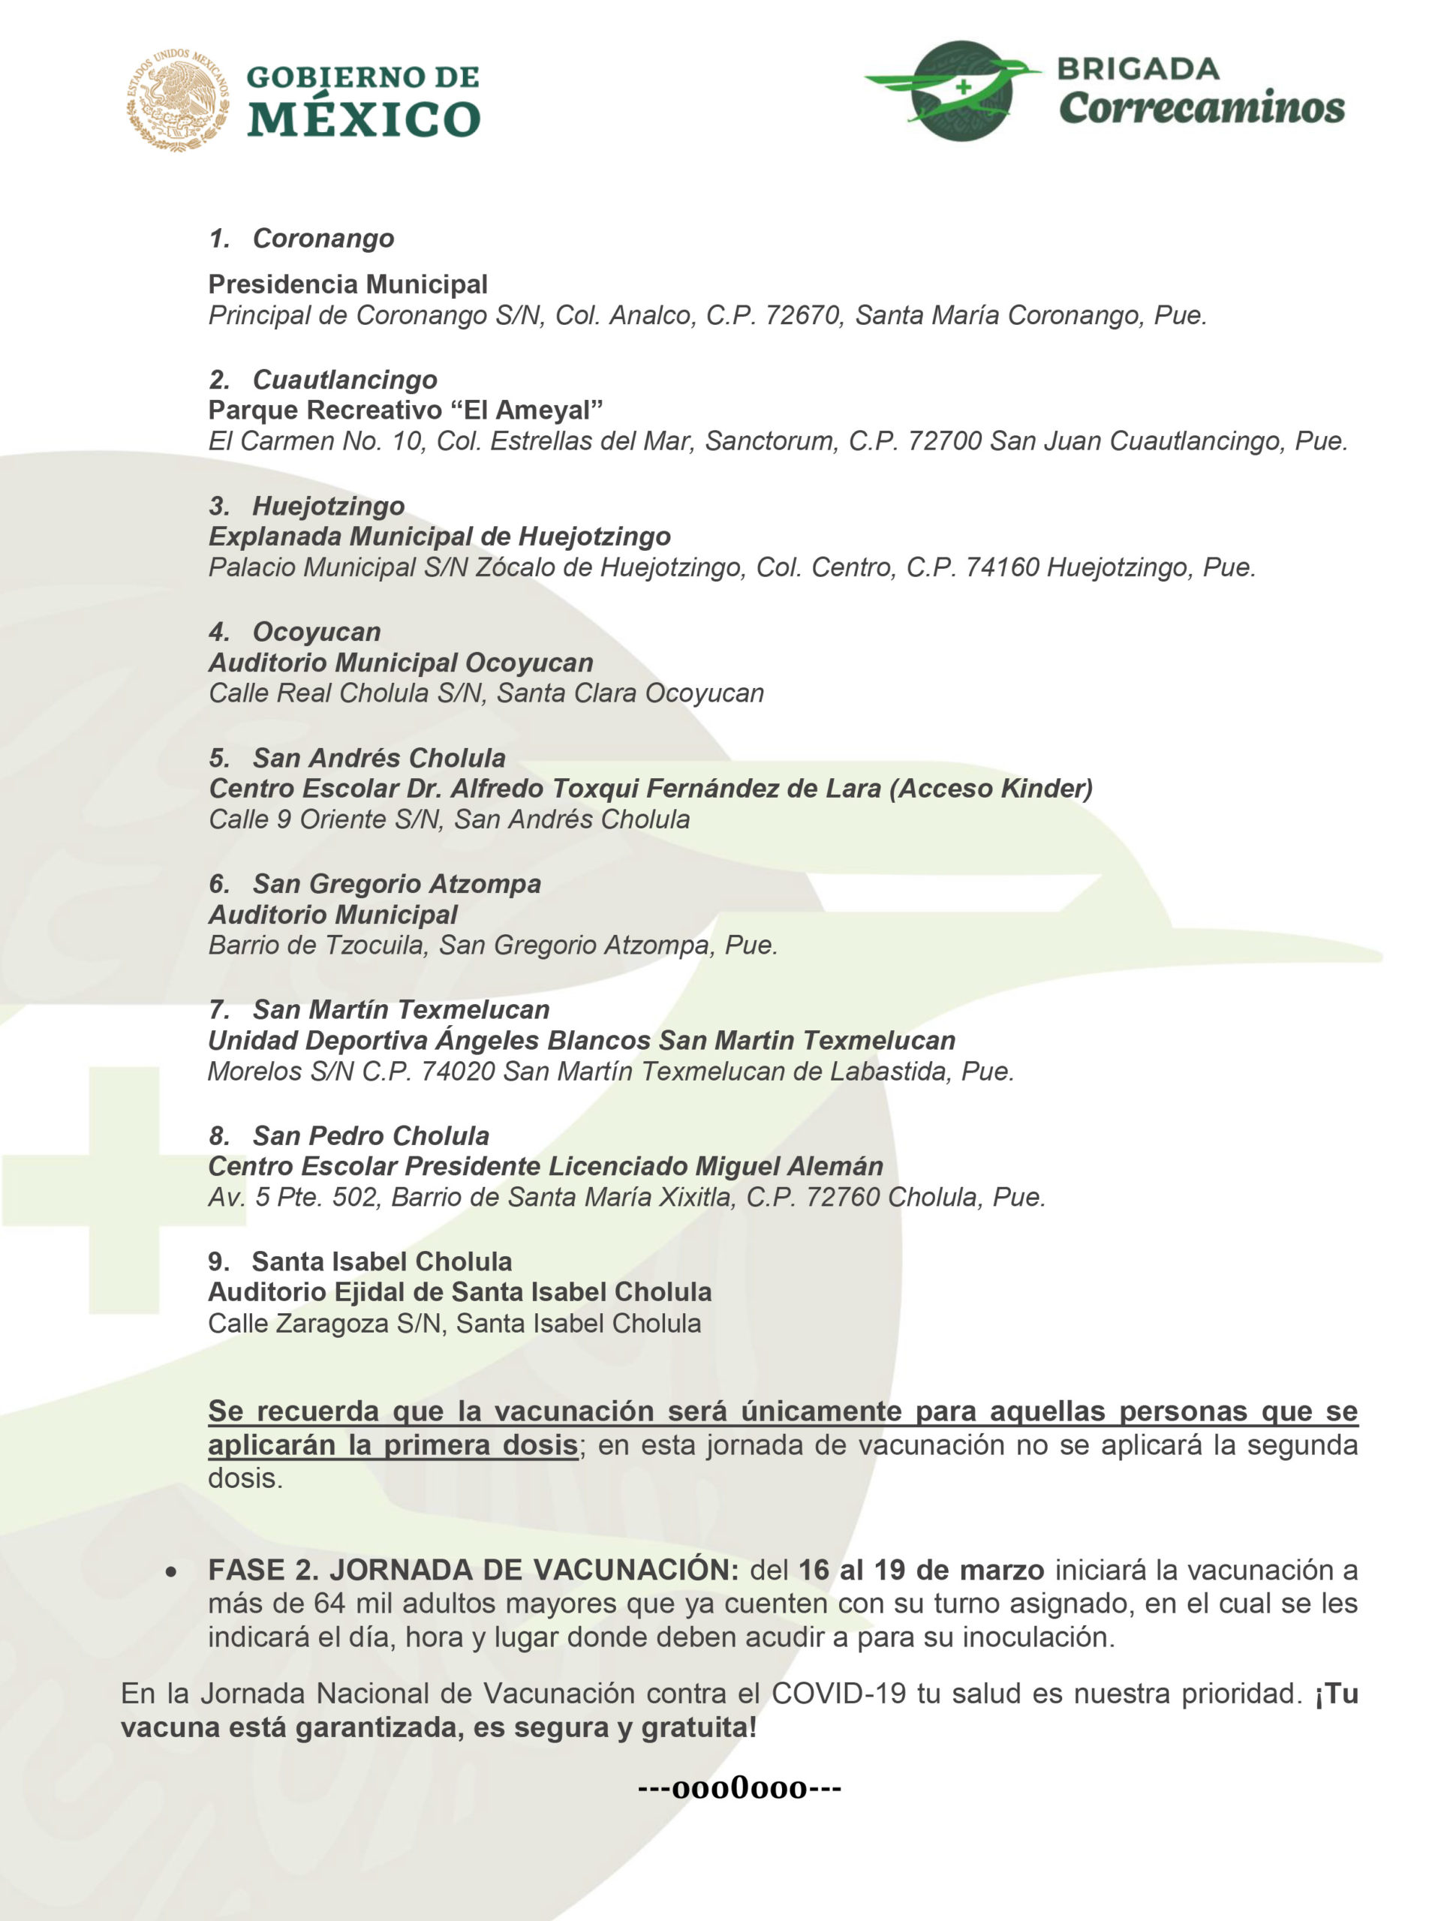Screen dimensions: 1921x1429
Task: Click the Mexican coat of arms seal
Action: coord(179,101)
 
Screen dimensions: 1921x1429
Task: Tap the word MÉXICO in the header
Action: coord(363,119)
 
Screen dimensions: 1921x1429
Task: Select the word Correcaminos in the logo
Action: coord(1201,108)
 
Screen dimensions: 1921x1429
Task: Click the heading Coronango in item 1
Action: coord(323,239)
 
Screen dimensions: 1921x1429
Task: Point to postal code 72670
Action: coord(804,316)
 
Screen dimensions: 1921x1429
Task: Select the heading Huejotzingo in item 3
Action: coord(328,506)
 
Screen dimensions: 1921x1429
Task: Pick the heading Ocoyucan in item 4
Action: coord(316,633)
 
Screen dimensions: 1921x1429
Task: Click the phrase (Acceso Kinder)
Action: coord(991,789)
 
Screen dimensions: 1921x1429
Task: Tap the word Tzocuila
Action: coord(376,945)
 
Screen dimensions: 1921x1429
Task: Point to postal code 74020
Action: coord(458,1072)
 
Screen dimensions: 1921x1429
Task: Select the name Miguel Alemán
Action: coord(789,1167)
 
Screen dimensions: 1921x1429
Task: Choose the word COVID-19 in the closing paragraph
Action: coord(838,1694)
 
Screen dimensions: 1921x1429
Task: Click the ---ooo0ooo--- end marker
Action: coord(739,1787)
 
